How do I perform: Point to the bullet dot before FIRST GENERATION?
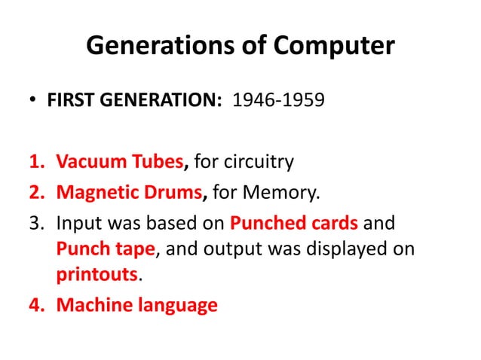(x=33, y=99)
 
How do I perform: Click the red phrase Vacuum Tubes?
(x=121, y=161)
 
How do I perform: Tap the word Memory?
(x=280, y=194)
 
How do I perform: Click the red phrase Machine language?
(x=136, y=305)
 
